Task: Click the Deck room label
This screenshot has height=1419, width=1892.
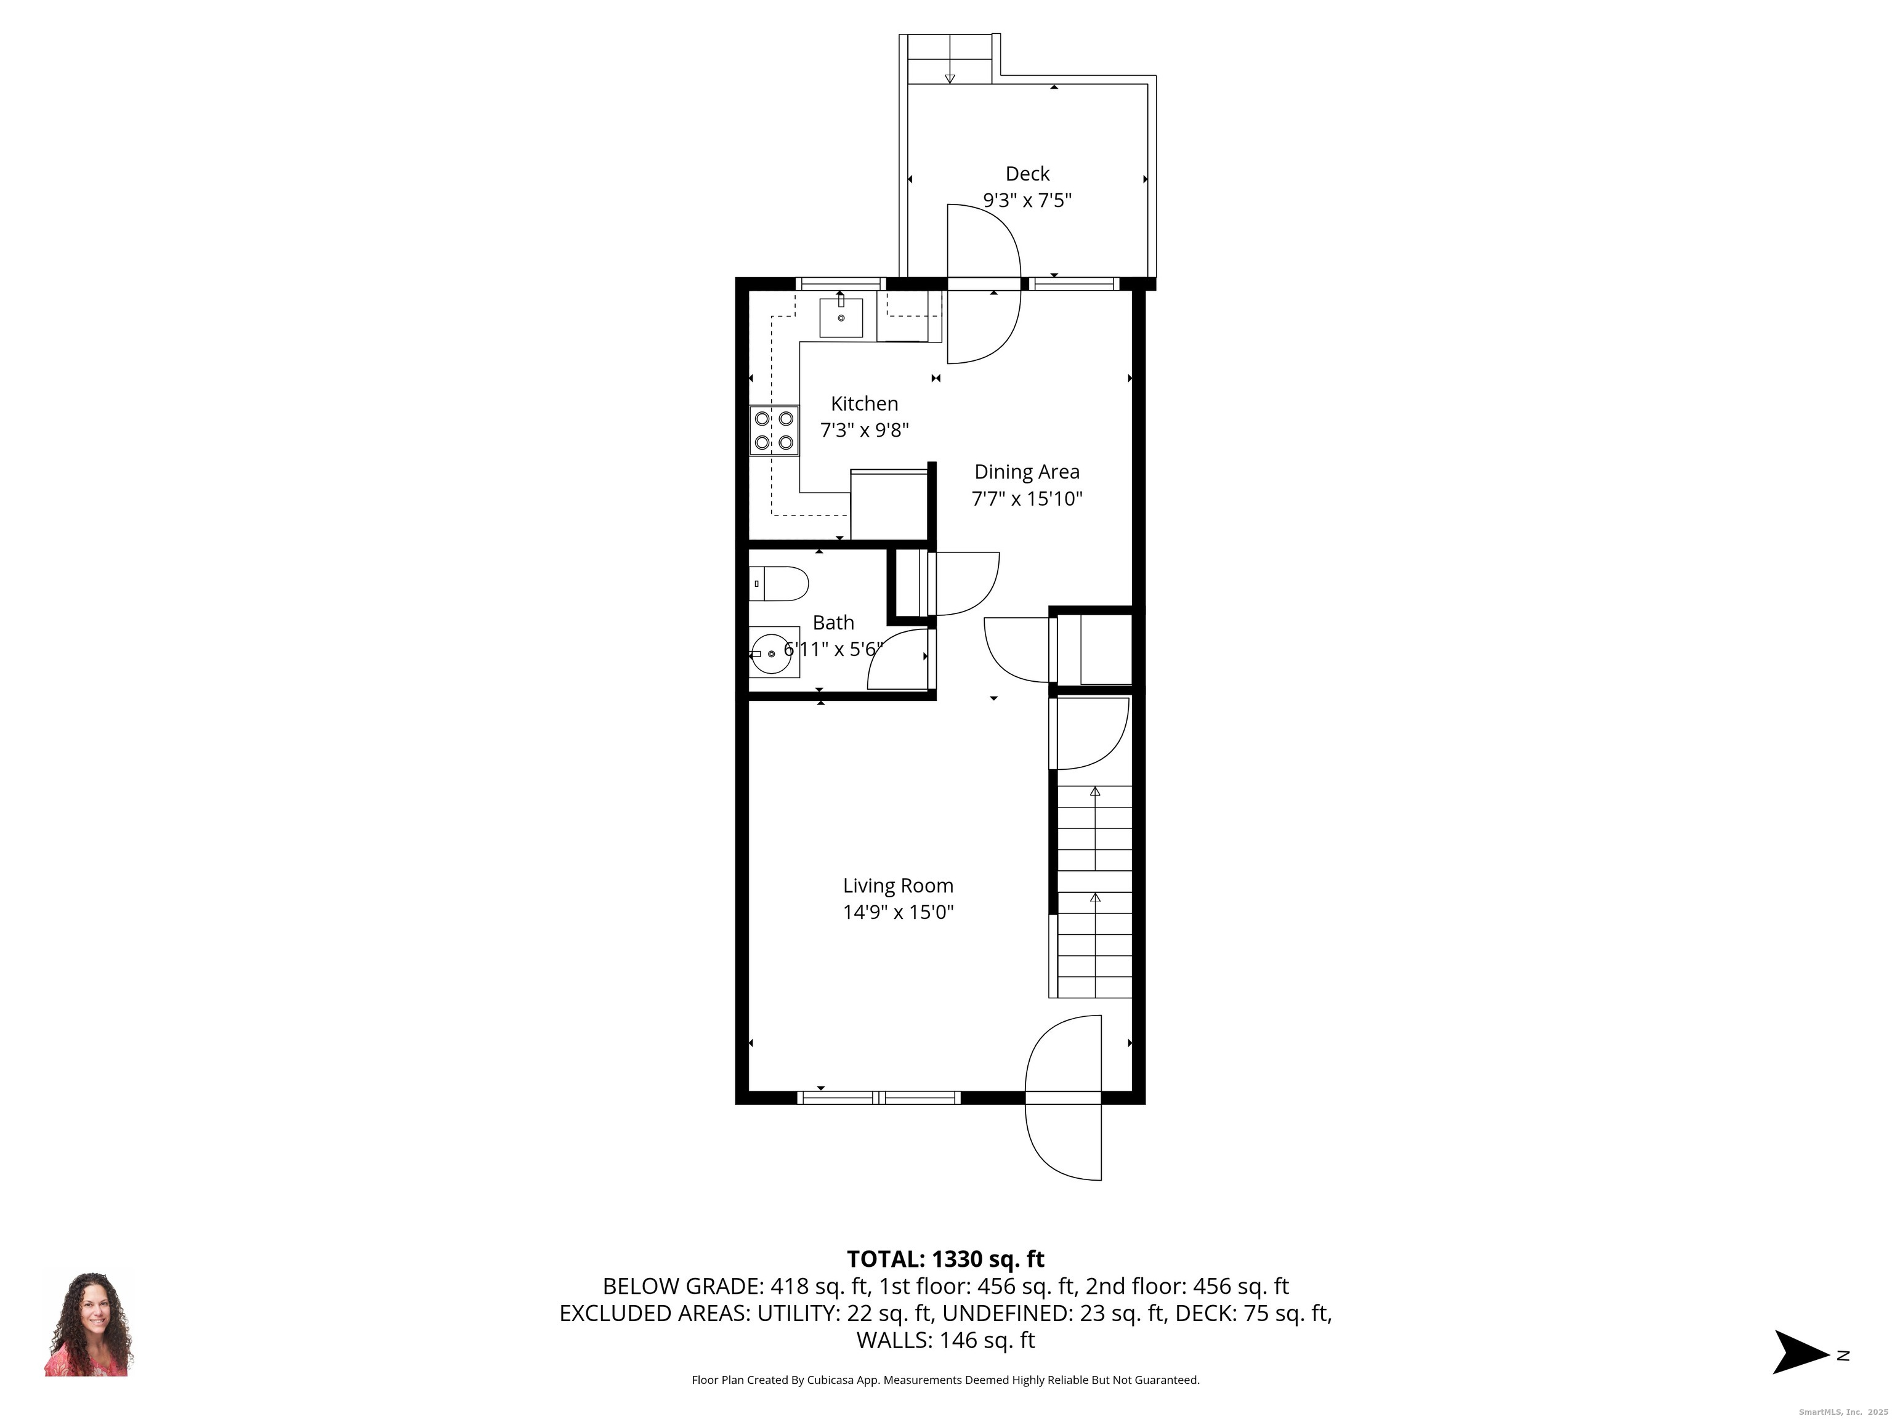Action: (x=1027, y=174)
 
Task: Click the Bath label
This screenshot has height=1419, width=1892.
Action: (x=833, y=622)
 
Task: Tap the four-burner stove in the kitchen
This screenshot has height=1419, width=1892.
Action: (x=774, y=431)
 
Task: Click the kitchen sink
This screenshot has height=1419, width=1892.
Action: (x=841, y=317)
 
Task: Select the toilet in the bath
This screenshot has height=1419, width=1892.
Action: (x=778, y=583)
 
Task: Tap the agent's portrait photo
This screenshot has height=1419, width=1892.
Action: (x=89, y=1323)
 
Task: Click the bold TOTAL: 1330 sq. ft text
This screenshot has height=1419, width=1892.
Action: (x=945, y=1259)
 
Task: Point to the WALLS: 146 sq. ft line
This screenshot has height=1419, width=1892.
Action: (x=945, y=1340)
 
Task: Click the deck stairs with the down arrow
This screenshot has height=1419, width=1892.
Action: (x=950, y=59)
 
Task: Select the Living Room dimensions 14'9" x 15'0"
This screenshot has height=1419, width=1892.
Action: (x=898, y=912)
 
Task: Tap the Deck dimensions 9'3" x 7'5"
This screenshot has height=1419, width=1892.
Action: (x=1027, y=200)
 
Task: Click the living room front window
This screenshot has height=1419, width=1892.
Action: (x=878, y=1098)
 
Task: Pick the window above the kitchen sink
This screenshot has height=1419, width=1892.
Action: (x=841, y=284)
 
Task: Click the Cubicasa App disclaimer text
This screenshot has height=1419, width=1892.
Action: (x=945, y=1380)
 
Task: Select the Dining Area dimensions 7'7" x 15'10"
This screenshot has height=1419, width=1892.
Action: (x=1027, y=499)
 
